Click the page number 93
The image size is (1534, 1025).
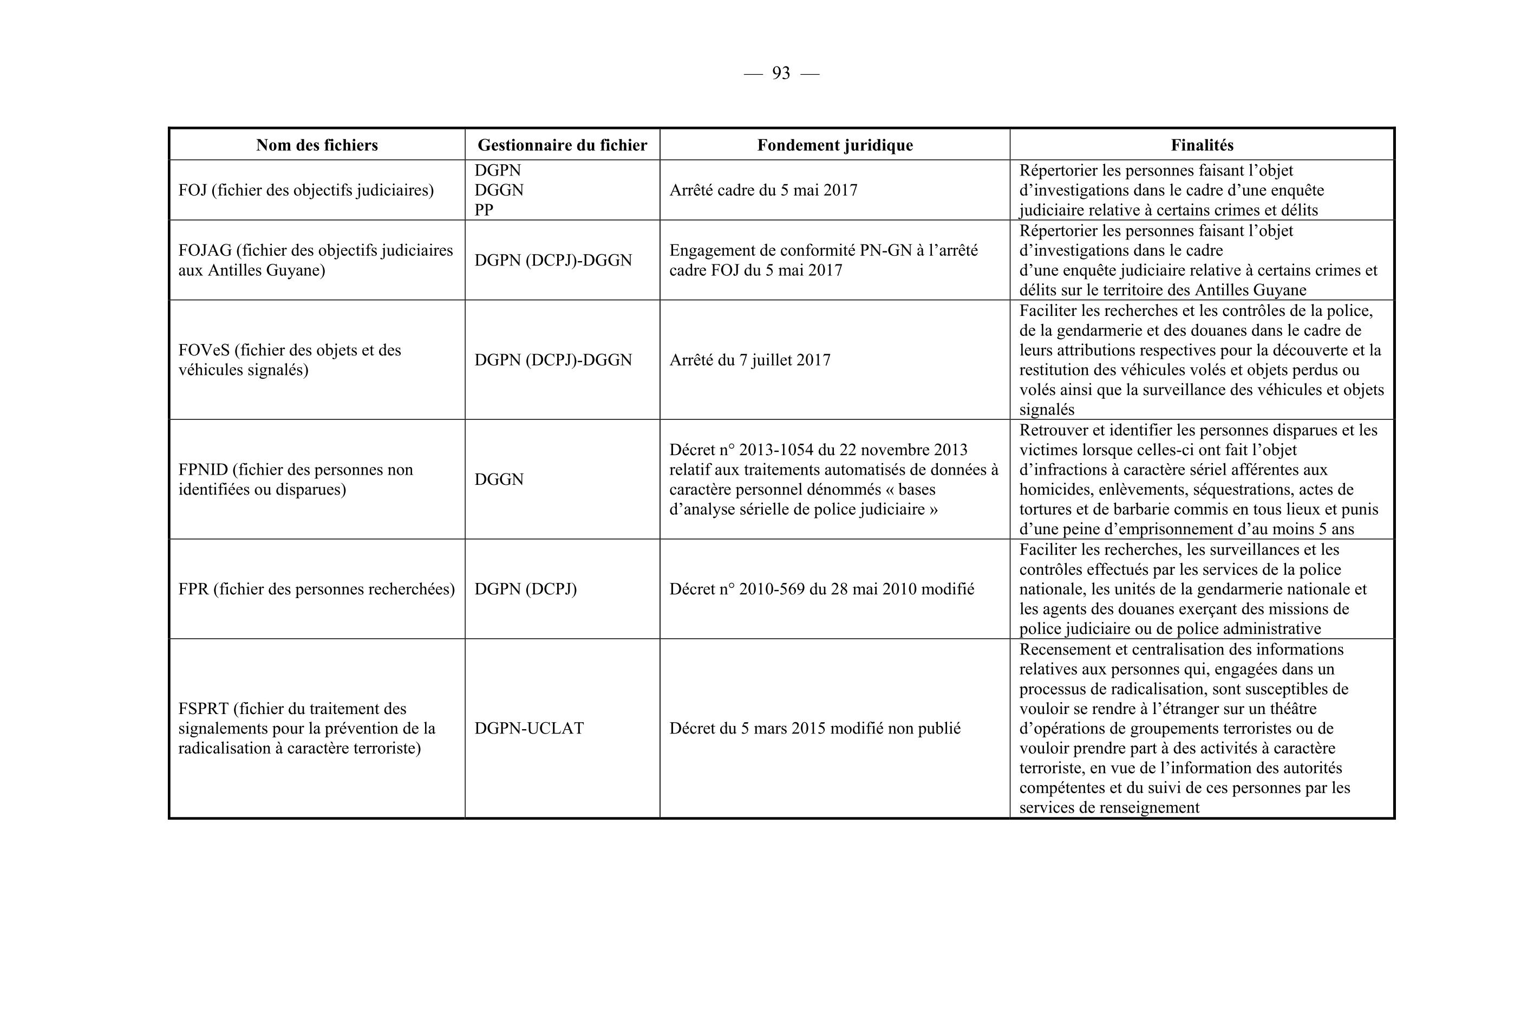[781, 73]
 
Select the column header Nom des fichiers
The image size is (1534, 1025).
[317, 145]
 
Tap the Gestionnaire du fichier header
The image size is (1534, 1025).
[562, 145]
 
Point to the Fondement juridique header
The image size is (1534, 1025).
[834, 145]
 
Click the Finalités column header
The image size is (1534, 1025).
[1202, 145]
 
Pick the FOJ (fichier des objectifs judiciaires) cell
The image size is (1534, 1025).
[306, 190]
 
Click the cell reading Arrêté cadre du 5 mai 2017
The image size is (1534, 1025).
[763, 190]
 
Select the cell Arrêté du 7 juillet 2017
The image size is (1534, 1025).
[749, 360]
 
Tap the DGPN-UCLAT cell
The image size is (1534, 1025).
[528, 728]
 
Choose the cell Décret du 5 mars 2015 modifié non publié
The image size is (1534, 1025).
[815, 728]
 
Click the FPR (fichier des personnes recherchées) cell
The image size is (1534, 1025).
[316, 589]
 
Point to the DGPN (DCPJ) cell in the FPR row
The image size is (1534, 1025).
[525, 589]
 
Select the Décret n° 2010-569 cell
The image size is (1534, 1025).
[821, 589]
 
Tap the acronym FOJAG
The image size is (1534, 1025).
[205, 250]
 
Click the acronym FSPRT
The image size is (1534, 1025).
[203, 709]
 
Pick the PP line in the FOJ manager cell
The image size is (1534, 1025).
[484, 210]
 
